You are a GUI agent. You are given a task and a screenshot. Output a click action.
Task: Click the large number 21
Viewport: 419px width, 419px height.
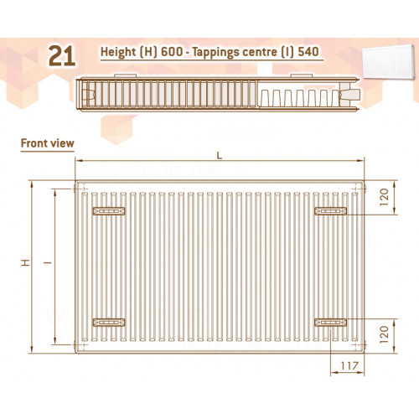click(x=62, y=56)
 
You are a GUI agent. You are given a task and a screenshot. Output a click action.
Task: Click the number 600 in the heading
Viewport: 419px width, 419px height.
click(x=172, y=52)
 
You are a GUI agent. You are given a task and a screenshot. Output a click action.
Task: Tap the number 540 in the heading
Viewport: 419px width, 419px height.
click(x=308, y=52)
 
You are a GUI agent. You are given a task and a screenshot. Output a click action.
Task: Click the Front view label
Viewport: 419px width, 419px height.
click(x=48, y=143)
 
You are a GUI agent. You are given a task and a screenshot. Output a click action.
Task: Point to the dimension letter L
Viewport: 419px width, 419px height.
click(x=220, y=156)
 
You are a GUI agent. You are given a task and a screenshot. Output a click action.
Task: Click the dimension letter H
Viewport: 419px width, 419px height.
click(x=26, y=262)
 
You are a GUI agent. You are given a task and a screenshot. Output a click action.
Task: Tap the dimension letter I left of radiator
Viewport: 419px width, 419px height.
click(x=48, y=262)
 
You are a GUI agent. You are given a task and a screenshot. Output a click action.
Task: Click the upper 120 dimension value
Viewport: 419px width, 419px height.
click(x=385, y=197)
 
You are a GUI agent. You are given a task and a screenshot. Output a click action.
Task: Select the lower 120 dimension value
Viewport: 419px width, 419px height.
click(x=385, y=334)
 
